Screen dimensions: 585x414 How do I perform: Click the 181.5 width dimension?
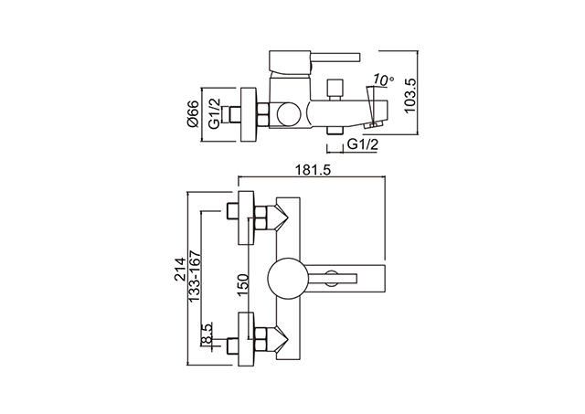click(x=313, y=170)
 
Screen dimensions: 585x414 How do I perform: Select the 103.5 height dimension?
click(x=410, y=95)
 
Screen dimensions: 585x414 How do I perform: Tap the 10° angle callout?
click(x=383, y=80)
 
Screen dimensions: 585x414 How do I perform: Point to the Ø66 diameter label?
click(x=193, y=113)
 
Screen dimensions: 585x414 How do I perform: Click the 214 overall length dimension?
click(x=180, y=269)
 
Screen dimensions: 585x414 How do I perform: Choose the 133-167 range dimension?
click(x=195, y=276)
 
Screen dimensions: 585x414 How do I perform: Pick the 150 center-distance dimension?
click(x=243, y=285)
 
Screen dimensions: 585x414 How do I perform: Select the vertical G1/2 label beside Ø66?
click(x=215, y=113)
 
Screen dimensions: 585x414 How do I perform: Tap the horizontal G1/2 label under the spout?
click(x=362, y=144)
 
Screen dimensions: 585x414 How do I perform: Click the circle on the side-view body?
click(x=289, y=114)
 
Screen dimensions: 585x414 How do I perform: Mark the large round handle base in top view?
click(x=288, y=278)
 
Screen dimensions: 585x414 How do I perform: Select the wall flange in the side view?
click(x=249, y=114)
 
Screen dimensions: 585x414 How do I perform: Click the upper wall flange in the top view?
click(x=246, y=218)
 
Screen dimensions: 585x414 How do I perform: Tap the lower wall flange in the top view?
click(x=246, y=339)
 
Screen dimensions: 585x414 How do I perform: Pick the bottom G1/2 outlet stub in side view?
click(x=335, y=130)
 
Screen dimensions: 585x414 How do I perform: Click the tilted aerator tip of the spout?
click(x=374, y=125)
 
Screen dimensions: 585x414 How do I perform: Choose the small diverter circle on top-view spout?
click(x=331, y=278)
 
